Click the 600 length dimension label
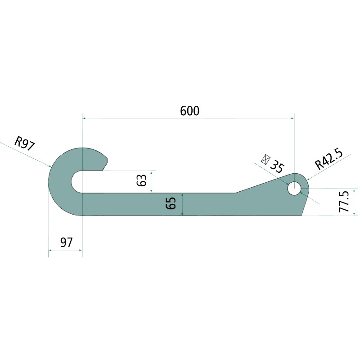click(189, 111)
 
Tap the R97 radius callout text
click(25, 144)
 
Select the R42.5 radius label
click(329, 158)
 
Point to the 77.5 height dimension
click(344, 202)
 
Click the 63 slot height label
click(141, 180)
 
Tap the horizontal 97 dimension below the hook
click(66, 243)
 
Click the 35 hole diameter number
click(277, 165)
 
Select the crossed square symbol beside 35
click(265, 160)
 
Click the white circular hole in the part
click(294, 188)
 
